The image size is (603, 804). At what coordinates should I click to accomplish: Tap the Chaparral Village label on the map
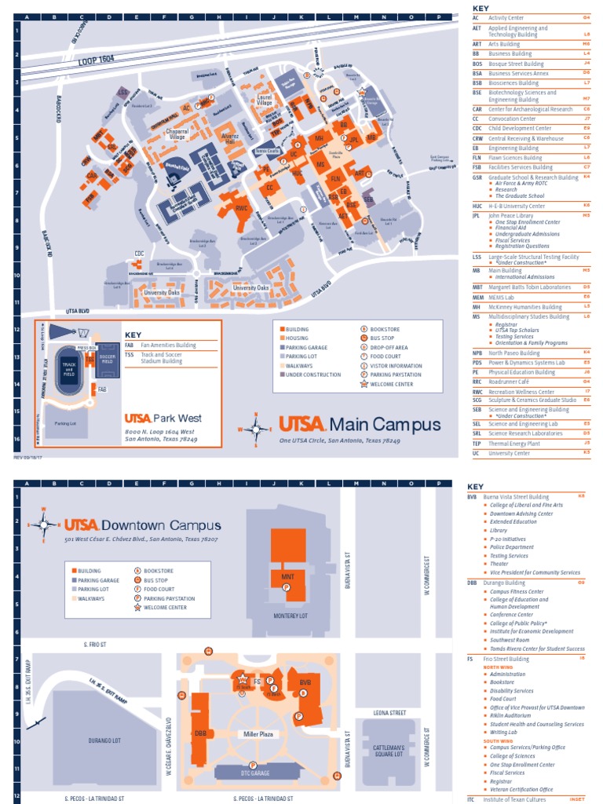pyautogui.click(x=178, y=134)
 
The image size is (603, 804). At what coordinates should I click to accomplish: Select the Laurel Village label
pyautogui.click(x=265, y=100)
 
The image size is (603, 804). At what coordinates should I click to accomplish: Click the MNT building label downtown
pyautogui.click(x=287, y=576)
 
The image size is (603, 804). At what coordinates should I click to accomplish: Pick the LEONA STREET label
pyautogui.click(x=390, y=713)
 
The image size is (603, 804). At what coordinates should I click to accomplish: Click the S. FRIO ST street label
pyautogui.click(x=96, y=643)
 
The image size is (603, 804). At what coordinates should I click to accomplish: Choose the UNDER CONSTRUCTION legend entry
pyautogui.click(x=313, y=375)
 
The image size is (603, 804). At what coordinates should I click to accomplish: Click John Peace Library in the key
pyautogui.click(x=511, y=214)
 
